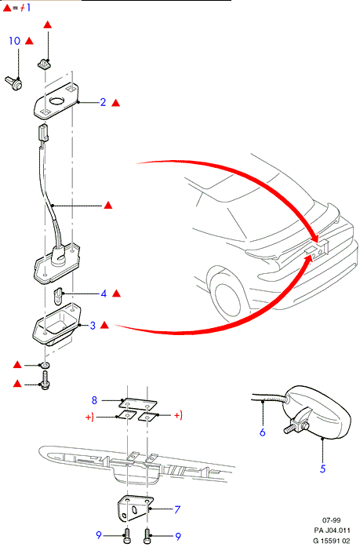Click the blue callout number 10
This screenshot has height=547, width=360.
tap(15, 41)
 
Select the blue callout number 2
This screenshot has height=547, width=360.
tap(103, 102)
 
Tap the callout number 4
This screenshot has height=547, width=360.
tap(104, 294)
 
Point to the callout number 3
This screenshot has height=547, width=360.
tap(93, 326)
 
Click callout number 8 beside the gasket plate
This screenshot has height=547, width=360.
tap(94, 400)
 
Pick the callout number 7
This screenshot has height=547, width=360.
tap(177, 509)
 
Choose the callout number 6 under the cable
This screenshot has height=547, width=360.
tap(263, 432)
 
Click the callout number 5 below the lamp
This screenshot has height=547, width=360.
tap(322, 469)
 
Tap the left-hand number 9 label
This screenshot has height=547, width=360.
tap(99, 535)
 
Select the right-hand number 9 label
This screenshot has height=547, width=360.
tap(178, 537)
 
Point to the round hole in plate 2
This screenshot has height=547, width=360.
tap(56, 101)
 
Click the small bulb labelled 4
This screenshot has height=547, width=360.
tap(58, 296)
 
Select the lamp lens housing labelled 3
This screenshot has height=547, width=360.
tap(56, 324)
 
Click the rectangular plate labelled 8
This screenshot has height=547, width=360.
tap(138, 403)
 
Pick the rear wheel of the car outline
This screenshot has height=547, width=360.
tap(227, 301)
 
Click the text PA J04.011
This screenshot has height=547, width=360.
tap(332, 531)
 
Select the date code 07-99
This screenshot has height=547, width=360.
tap(332, 520)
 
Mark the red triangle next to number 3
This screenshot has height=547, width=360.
tap(104, 326)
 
